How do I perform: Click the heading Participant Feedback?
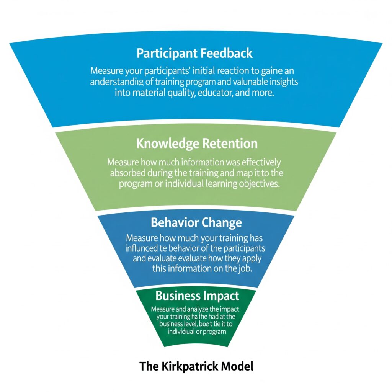195,53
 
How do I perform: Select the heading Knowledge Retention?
197,144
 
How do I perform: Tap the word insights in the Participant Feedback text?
281,82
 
